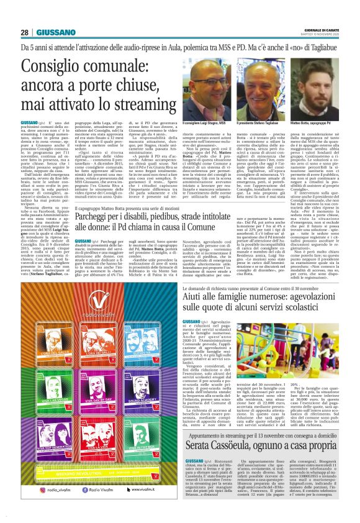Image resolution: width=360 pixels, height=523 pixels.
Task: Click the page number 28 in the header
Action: click(x=24, y=32)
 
